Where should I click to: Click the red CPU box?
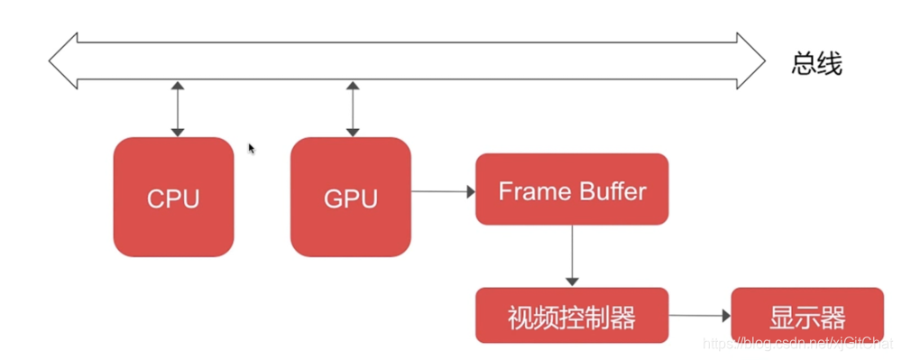pyautogui.click(x=173, y=197)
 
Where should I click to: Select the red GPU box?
pyautogui.click(x=350, y=197)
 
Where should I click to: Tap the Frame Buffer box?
pyautogui.click(x=572, y=189)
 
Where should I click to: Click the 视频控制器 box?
pyautogui.click(x=572, y=316)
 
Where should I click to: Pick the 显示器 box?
pyautogui.click(x=806, y=316)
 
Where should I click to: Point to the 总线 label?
pyautogui.click(x=817, y=63)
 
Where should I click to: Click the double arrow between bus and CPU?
pyautogui.click(x=178, y=108)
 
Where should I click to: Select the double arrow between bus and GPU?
pyautogui.click(x=353, y=108)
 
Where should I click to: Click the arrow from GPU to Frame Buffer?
pyautogui.click(x=442, y=191)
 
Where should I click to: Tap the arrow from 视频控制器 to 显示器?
pyautogui.click(x=699, y=316)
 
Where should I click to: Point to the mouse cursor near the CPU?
pyautogui.click(x=253, y=149)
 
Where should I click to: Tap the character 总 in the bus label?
pyautogui.click(x=805, y=63)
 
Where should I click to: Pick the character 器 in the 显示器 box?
pyautogui.click(x=833, y=317)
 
